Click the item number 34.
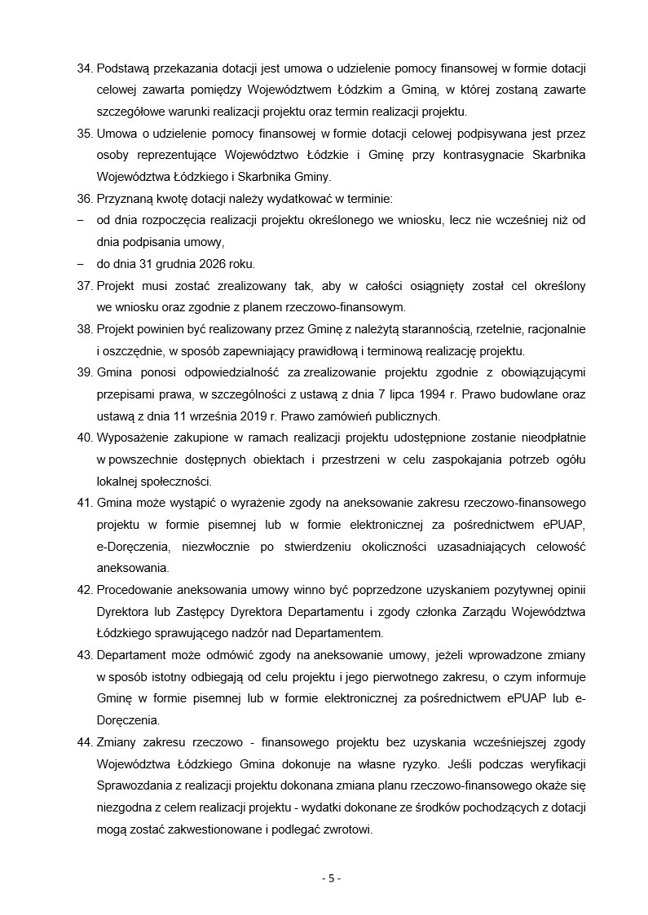click(84, 67)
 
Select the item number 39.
click(84, 372)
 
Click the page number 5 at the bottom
click(330, 878)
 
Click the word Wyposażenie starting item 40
click(131, 438)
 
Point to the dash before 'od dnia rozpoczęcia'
click(81, 220)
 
